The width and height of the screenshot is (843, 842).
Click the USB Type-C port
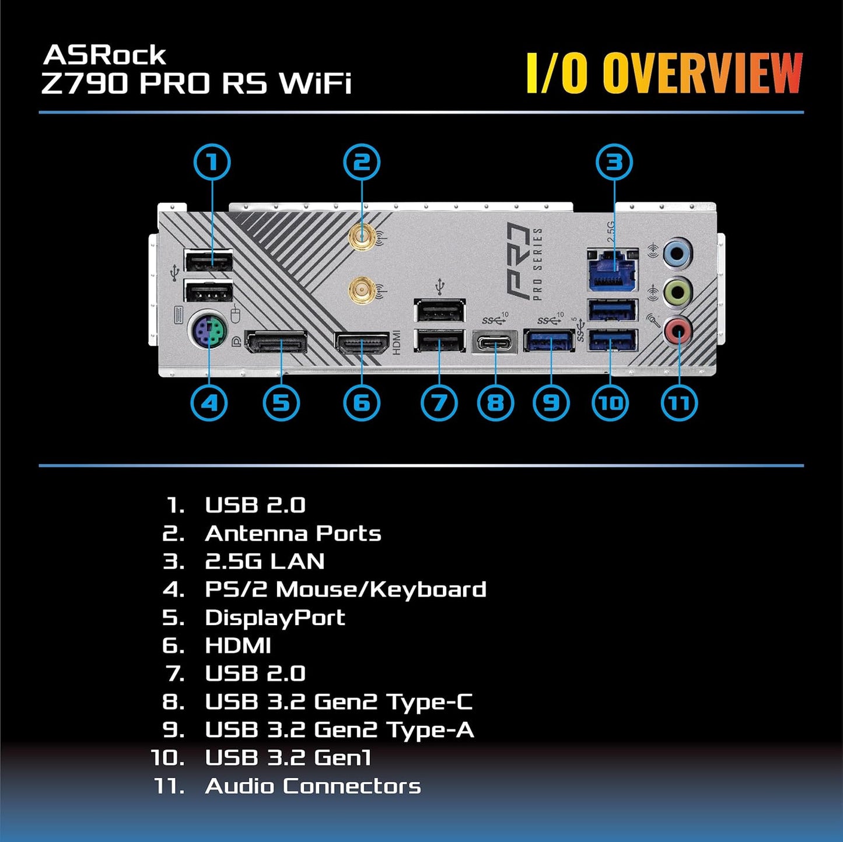coord(495,342)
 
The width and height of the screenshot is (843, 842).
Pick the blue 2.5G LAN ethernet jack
coord(613,270)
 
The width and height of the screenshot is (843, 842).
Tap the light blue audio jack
coord(677,252)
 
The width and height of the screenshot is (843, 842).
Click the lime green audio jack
coord(678,290)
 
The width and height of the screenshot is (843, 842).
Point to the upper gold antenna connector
coord(362,237)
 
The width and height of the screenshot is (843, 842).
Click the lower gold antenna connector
coord(362,288)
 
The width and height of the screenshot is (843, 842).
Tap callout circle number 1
coord(212,162)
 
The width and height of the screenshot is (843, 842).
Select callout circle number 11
coord(679,403)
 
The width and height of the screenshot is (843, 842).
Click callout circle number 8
coord(495,403)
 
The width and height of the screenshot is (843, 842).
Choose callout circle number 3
coord(614,162)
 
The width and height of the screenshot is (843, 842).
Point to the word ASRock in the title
coord(105,55)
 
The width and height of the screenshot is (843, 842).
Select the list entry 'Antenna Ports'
coord(293,534)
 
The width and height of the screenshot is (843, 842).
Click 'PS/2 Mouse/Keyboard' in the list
coord(345,590)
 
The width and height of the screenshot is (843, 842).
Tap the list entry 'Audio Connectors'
coord(313,786)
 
